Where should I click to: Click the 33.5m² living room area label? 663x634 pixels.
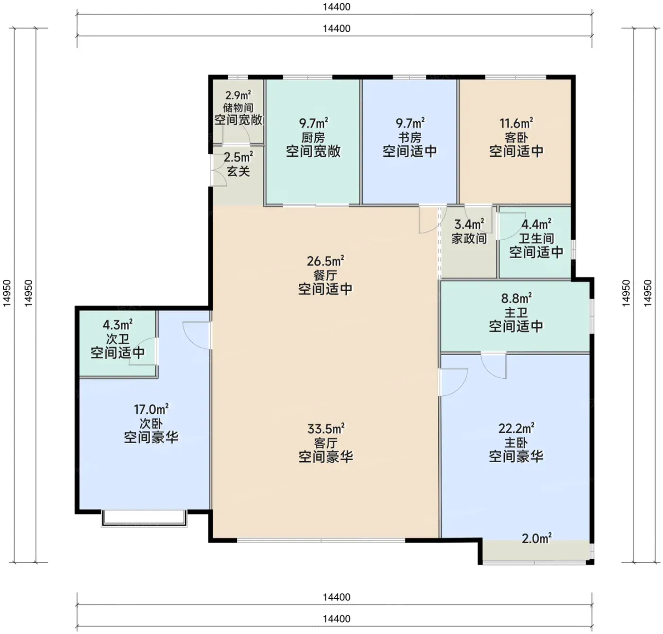[x=326, y=428]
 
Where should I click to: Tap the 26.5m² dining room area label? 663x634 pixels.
[x=325, y=261]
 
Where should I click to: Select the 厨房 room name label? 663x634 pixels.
[x=313, y=137]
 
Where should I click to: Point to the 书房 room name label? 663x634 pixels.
[x=410, y=137]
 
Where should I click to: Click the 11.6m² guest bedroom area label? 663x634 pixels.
[x=516, y=123]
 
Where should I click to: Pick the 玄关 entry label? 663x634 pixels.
[x=239, y=170]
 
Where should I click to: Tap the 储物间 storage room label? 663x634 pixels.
[x=238, y=107]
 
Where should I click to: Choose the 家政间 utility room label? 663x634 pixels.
[x=469, y=238]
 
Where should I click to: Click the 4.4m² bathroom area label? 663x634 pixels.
[x=537, y=224]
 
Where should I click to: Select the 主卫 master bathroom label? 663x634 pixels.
[x=516, y=312]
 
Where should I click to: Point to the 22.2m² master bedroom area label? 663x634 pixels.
[x=516, y=428]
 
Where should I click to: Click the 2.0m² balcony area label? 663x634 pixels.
[x=537, y=539]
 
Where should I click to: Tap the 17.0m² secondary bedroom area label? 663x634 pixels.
[x=151, y=409]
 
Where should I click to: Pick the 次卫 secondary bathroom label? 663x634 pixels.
[x=117, y=339]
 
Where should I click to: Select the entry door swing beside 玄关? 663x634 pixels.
[x=218, y=170]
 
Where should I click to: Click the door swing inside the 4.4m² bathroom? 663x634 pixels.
[x=511, y=225]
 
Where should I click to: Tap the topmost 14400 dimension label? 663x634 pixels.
[x=337, y=7]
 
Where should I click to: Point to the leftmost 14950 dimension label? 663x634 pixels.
[x=7, y=293]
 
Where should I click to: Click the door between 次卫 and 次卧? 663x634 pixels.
[x=143, y=352]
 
